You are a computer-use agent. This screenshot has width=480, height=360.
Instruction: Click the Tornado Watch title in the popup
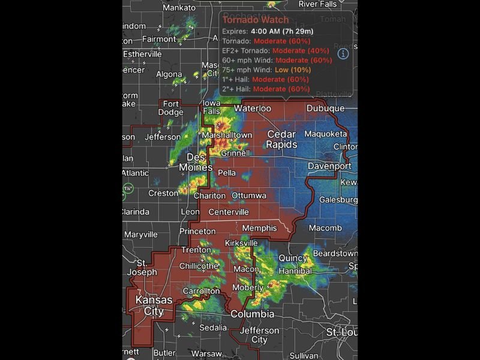tap(256, 20)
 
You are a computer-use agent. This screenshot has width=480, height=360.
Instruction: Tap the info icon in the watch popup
tap(343, 54)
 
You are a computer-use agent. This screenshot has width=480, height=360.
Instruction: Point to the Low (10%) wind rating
tap(293, 70)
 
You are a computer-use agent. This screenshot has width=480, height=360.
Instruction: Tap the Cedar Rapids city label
tap(282, 139)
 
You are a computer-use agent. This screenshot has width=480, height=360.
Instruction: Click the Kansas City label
tap(154, 305)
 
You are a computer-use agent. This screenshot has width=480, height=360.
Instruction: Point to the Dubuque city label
tap(325, 109)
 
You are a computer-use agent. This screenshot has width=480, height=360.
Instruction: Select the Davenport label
tap(329, 166)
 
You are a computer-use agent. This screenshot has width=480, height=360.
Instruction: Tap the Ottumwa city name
tap(249, 196)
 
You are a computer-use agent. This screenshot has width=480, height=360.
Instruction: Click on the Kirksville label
tap(241, 243)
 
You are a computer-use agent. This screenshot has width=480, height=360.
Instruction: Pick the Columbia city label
tap(253, 314)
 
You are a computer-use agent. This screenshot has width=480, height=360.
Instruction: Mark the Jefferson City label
tap(260, 335)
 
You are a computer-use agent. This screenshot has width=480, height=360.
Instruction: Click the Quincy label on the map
tap(293, 258)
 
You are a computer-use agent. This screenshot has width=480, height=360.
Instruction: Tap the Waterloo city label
tap(253, 109)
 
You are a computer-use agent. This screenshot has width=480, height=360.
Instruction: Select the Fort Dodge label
tap(171, 108)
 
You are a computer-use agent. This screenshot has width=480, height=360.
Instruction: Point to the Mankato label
tap(179, 8)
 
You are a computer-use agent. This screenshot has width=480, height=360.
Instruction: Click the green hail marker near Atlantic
tap(128, 188)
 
